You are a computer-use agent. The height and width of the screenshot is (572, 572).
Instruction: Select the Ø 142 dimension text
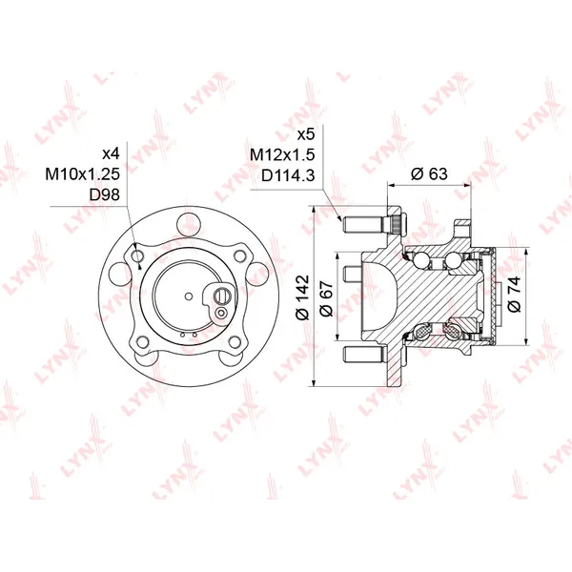tap(304, 299)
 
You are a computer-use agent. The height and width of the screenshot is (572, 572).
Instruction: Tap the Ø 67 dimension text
tap(328, 299)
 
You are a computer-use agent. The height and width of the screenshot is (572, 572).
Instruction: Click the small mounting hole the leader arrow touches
tap(139, 257)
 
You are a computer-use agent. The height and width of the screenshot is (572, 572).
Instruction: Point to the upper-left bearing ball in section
tap(419, 257)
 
